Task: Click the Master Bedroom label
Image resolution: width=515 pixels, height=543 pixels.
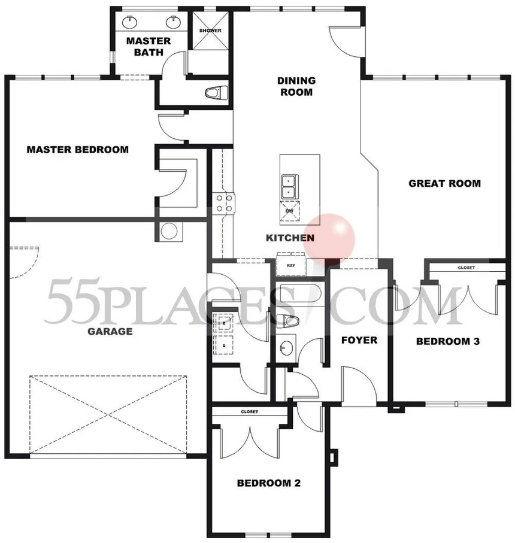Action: pyautogui.click(x=78, y=150)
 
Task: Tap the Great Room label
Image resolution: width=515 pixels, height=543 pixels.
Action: pyautogui.click(x=445, y=183)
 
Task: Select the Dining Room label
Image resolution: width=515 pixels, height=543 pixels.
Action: pyautogui.click(x=296, y=86)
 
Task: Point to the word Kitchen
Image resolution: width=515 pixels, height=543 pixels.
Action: pyautogui.click(x=290, y=238)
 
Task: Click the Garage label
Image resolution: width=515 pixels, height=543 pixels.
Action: pyautogui.click(x=110, y=332)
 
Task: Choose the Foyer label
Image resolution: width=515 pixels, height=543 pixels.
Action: pyautogui.click(x=359, y=340)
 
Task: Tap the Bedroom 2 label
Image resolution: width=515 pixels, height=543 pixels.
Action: pyautogui.click(x=269, y=483)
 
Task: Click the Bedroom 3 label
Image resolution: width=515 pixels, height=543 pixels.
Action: pyautogui.click(x=448, y=341)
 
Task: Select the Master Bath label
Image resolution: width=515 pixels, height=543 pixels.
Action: pyautogui.click(x=149, y=47)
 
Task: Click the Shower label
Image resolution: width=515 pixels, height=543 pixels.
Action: pyautogui.click(x=210, y=31)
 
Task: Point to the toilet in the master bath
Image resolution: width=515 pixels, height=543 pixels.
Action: pyautogui.click(x=216, y=93)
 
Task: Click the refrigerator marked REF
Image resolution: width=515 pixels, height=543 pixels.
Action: pyautogui.click(x=291, y=265)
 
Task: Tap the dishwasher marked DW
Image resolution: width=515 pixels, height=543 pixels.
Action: pyautogui.click(x=290, y=211)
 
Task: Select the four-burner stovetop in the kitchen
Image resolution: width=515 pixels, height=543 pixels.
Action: pyautogui.click(x=224, y=204)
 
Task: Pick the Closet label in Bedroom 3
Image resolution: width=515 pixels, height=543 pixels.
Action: pyautogui.click(x=466, y=268)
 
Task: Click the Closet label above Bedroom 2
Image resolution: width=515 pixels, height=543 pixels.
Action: pyautogui.click(x=249, y=412)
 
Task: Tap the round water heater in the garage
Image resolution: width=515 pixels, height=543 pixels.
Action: pyautogui.click(x=169, y=231)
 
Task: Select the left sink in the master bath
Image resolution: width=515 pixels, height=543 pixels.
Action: pyautogui.click(x=130, y=22)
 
